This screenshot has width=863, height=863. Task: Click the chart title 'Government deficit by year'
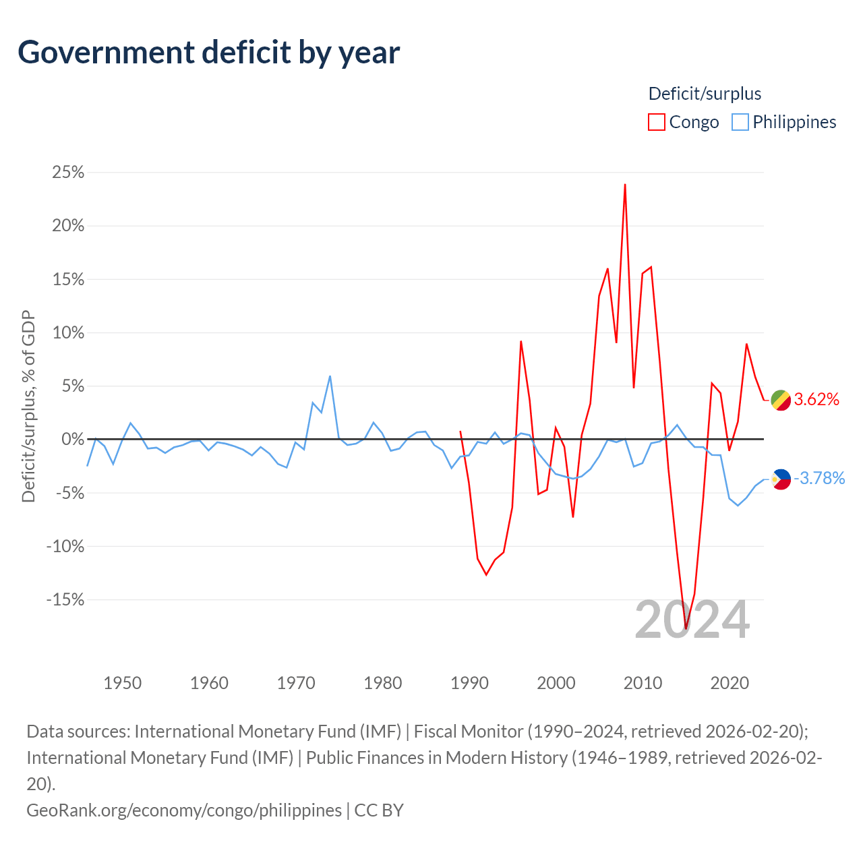point(208,53)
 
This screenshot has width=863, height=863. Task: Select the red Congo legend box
point(656,122)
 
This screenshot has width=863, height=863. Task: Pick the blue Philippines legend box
point(740,122)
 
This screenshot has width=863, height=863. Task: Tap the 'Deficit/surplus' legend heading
point(705,94)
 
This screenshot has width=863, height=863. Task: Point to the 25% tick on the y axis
point(68,172)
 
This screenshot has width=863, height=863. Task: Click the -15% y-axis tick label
point(65,599)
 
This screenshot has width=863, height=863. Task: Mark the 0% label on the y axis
point(73,439)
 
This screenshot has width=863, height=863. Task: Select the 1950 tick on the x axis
point(122,683)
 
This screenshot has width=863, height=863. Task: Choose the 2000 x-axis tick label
point(556,683)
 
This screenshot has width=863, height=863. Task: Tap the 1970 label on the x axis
point(296,683)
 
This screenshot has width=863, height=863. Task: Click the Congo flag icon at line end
point(781,400)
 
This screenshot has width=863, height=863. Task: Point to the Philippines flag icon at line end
point(781,479)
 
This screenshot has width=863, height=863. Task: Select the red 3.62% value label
point(816,400)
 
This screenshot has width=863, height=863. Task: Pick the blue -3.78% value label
point(819,478)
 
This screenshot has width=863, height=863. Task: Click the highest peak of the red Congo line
point(625,185)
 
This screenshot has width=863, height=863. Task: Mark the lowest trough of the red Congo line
point(686,628)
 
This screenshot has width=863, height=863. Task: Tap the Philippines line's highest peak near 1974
point(330,376)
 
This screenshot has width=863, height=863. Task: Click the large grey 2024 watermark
point(692,620)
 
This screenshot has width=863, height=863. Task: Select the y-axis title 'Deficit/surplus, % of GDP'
point(29,406)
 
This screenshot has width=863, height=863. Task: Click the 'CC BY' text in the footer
point(379,810)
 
